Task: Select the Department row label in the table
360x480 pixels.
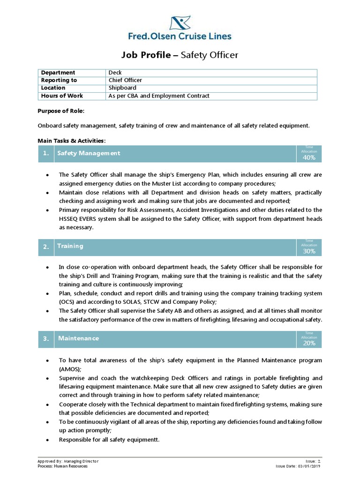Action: tap(58, 73)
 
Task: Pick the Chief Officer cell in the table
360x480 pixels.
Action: tap(125, 80)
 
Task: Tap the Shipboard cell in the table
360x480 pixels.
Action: tap(122, 88)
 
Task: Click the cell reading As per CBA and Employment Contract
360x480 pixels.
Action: tap(159, 96)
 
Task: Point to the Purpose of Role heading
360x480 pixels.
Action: tap(61, 111)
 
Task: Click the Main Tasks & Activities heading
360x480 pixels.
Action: tap(71, 141)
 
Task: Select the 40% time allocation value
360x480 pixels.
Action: tap(309, 157)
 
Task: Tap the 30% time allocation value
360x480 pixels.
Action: tap(309, 251)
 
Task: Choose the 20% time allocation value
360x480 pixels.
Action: tap(309, 343)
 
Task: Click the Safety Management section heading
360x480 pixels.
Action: tap(89, 153)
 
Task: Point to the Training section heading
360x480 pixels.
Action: tap(70, 246)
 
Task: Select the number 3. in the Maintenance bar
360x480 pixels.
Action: tap(46, 338)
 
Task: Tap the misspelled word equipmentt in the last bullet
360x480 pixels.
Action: tap(143, 440)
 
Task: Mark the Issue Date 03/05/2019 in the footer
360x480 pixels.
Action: tap(301, 466)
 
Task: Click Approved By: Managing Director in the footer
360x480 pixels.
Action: tap(68, 461)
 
